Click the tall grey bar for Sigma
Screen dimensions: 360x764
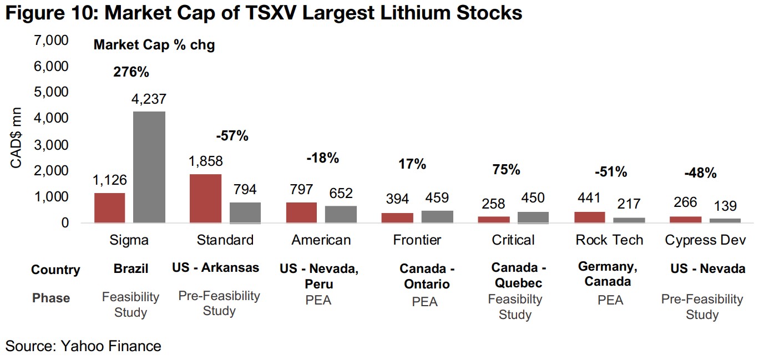point(149,167)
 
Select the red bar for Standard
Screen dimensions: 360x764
point(205,199)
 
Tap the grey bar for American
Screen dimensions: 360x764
point(341,214)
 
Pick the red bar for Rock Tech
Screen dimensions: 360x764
point(589,217)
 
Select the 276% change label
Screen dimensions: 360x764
point(131,72)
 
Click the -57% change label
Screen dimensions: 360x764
point(232,135)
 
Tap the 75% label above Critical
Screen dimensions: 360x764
point(506,170)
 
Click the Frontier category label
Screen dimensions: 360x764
point(417,240)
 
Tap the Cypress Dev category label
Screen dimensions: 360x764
point(705,240)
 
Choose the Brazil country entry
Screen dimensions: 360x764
point(131,269)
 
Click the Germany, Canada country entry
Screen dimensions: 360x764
point(608,274)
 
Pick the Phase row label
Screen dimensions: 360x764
point(51,298)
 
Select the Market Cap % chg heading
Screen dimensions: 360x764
point(154,45)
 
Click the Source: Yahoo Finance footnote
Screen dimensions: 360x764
point(83,347)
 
